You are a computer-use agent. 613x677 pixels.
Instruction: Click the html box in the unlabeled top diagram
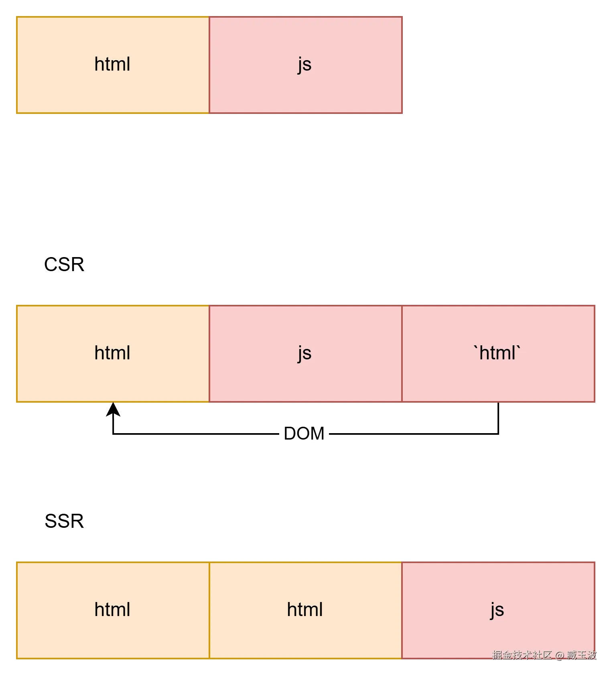(x=113, y=65)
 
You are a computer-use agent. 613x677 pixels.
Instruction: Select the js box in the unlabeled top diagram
(x=306, y=65)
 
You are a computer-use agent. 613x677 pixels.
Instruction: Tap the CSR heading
(x=64, y=265)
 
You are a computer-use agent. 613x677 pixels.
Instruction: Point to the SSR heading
(x=64, y=521)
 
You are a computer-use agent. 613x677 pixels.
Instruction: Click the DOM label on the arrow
(x=304, y=434)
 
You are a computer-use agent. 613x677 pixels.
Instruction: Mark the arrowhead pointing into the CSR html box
(x=114, y=409)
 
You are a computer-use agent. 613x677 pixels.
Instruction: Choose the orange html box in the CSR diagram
(x=113, y=354)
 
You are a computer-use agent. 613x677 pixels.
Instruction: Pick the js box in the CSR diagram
(x=306, y=354)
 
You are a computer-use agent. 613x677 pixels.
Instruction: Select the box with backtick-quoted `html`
(x=498, y=354)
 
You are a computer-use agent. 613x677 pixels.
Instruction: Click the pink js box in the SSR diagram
(x=498, y=610)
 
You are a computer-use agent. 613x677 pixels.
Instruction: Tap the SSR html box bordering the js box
(x=306, y=610)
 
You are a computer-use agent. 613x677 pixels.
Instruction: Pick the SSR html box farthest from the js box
(x=113, y=610)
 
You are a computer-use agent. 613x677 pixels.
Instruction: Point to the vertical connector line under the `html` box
(x=498, y=418)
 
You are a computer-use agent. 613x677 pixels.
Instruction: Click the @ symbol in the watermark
(x=559, y=655)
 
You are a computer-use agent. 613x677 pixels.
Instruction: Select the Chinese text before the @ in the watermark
(x=522, y=655)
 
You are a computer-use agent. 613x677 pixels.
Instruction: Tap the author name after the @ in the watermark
(x=581, y=655)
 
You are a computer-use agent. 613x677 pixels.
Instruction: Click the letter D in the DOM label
(x=290, y=434)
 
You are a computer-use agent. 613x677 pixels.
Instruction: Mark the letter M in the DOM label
(x=317, y=434)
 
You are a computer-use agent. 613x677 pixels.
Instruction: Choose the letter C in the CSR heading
(x=51, y=265)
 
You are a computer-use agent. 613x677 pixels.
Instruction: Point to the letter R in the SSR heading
(x=77, y=521)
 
